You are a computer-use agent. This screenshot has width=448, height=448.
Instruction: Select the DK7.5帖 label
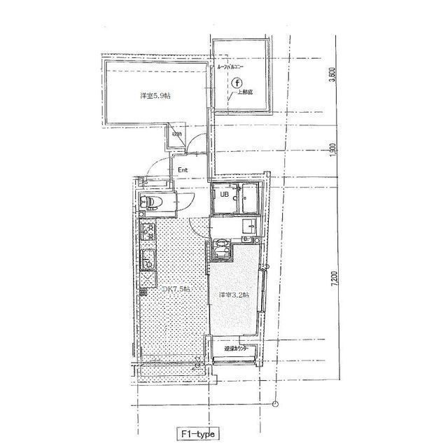(176, 289)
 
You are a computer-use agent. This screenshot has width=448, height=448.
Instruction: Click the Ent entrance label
(183, 169)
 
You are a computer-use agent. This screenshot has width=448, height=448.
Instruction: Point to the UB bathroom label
(225, 195)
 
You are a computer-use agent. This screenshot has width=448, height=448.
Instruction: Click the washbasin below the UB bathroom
(248, 227)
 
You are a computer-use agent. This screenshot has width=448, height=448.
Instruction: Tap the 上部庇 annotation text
(245, 92)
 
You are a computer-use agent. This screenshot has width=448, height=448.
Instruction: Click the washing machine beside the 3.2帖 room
(221, 249)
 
